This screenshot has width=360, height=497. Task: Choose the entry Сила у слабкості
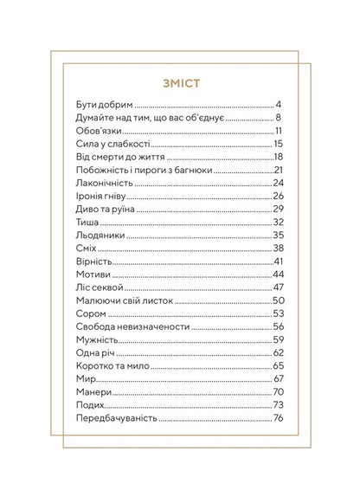[108, 144]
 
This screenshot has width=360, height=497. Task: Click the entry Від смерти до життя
[114, 157]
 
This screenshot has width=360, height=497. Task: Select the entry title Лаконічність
[102, 183]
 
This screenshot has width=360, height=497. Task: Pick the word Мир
[83, 378]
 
